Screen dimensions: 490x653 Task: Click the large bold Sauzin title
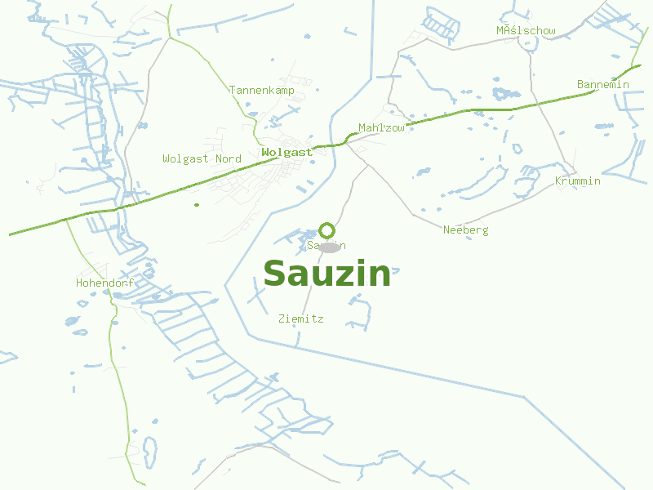click(326, 274)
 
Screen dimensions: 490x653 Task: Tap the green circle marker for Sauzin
click(326, 230)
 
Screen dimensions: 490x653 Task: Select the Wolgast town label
click(287, 153)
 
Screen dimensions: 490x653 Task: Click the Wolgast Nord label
click(202, 158)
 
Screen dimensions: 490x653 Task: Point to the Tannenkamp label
click(261, 90)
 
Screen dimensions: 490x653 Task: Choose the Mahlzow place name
click(381, 128)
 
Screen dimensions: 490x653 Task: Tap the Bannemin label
click(602, 85)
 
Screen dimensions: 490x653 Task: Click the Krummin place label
click(577, 181)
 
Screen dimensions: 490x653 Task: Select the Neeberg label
click(465, 230)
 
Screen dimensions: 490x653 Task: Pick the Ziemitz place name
click(300, 318)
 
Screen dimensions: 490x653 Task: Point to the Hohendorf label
click(104, 283)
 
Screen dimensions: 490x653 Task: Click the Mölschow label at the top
click(526, 31)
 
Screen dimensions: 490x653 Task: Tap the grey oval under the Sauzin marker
click(328, 247)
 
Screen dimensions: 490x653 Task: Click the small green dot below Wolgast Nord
click(197, 204)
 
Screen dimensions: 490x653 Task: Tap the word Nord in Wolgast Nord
click(228, 158)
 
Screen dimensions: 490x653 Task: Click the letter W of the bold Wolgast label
click(265, 153)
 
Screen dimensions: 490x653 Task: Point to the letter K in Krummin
click(558, 181)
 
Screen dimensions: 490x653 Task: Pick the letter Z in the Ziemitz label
click(282, 318)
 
